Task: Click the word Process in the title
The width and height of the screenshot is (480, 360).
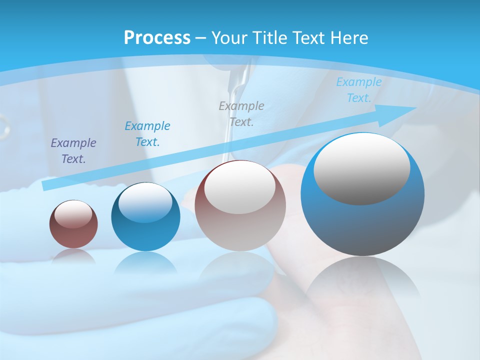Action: tap(157, 38)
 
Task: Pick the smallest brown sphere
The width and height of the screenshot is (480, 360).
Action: tap(73, 224)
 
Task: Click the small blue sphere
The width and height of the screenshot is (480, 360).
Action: tap(145, 216)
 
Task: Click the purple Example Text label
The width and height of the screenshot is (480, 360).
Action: tap(73, 151)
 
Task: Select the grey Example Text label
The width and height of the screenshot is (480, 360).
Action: tap(241, 114)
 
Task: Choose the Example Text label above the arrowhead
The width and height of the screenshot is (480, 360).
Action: tap(358, 90)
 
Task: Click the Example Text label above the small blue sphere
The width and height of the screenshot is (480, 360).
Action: tap(147, 134)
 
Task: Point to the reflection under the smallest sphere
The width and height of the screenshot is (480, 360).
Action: tap(73, 257)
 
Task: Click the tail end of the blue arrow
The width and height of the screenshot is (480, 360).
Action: tap(46, 185)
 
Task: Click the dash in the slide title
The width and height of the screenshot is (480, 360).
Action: tap(200, 38)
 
